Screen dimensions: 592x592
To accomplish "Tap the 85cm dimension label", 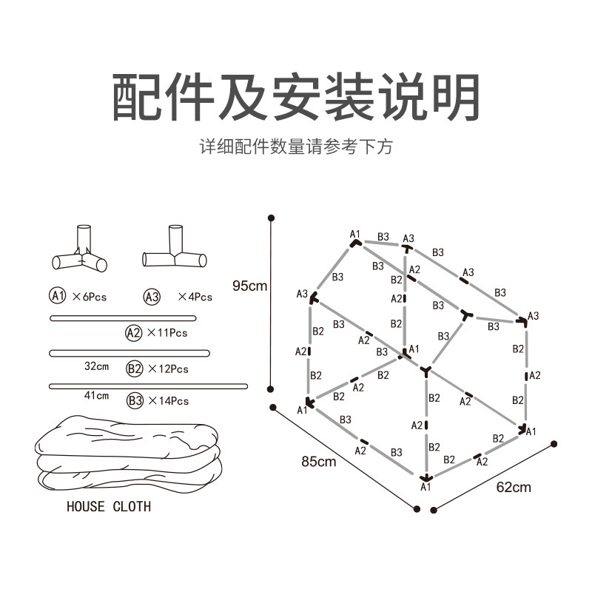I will [319, 462].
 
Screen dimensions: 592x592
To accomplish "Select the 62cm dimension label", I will [513, 487].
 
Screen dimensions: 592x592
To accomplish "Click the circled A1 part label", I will [58, 296].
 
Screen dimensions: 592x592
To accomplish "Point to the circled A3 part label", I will [152, 297].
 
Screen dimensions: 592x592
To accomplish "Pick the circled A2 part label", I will [133, 332].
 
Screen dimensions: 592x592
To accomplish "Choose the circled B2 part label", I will [135, 368].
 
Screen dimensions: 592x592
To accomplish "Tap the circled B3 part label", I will [135, 400].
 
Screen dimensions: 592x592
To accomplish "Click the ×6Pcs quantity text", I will [90, 297].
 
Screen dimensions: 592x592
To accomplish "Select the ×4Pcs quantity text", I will [195, 297].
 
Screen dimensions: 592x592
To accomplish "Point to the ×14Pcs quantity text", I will [168, 401].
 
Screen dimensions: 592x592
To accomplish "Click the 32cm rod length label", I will [96, 366].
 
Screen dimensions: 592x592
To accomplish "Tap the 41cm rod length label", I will [96, 396].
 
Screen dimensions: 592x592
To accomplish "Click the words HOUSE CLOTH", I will [108, 507].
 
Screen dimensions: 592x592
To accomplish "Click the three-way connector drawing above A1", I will [81, 252].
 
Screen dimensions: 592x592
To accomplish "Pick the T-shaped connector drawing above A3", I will [175, 250].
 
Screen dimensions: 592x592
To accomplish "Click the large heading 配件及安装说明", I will [296, 97].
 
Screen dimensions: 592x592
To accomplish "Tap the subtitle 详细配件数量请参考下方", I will [296, 147].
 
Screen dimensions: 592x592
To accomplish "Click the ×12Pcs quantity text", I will [168, 369].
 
